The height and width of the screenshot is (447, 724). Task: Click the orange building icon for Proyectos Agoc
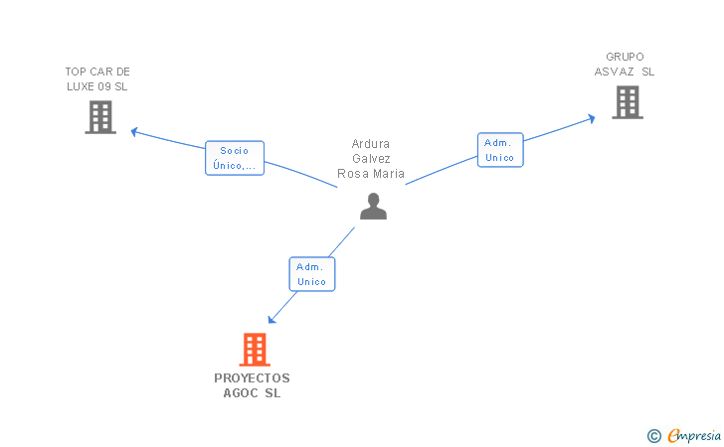(255, 349)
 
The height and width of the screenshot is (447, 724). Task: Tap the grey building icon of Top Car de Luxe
(99, 117)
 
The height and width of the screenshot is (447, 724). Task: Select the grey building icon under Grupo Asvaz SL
(627, 101)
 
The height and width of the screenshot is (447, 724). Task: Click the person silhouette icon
(373, 206)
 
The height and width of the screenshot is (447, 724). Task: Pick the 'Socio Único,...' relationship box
(235, 158)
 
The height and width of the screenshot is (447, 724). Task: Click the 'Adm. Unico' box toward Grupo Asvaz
(499, 150)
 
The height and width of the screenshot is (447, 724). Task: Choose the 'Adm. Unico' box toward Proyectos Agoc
(311, 274)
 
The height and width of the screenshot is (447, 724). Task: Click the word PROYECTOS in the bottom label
(252, 378)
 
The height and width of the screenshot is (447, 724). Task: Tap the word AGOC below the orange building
(240, 393)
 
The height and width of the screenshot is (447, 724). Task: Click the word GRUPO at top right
(625, 57)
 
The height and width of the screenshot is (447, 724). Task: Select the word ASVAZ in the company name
(615, 72)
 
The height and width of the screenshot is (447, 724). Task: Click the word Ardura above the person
(371, 144)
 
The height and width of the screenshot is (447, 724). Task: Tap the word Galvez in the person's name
(371, 159)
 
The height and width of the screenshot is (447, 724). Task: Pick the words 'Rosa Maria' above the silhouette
(371, 174)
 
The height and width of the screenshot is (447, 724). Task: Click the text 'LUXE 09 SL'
(97, 86)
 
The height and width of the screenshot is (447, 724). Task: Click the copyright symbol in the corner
(653, 435)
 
